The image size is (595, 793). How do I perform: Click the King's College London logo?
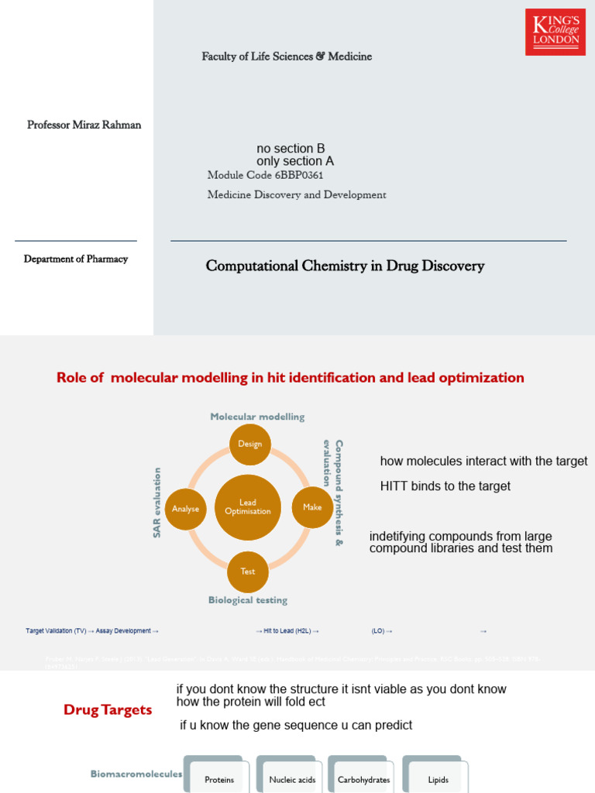coord(555,32)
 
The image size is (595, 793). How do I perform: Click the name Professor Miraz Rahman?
coord(84,125)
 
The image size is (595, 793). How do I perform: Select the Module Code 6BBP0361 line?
coord(265,176)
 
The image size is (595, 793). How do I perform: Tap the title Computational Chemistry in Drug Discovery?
coord(345,266)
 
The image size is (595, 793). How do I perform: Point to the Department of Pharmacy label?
coord(76,259)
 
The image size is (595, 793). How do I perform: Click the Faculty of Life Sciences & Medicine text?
coord(287,57)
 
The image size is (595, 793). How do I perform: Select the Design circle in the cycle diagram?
coord(249,445)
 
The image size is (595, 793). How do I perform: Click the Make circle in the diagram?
coord(312,507)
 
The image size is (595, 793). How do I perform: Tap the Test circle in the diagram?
coord(248,572)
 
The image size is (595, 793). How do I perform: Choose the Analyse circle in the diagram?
coord(186,509)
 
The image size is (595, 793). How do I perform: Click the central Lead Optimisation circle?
coord(248,507)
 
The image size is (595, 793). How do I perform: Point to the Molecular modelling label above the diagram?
coord(257,417)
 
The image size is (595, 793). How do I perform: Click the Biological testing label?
coord(248,600)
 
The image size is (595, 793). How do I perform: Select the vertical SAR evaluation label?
coord(157,503)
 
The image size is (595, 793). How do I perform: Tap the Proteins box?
coord(219,779)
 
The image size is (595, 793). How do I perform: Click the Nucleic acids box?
coord(292,779)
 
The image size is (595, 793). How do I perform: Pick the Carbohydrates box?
coord(363,779)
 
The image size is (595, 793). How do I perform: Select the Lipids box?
coord(438,779)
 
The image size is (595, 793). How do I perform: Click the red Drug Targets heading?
coord(108,710)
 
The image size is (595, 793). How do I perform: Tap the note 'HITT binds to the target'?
coord(445,486)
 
